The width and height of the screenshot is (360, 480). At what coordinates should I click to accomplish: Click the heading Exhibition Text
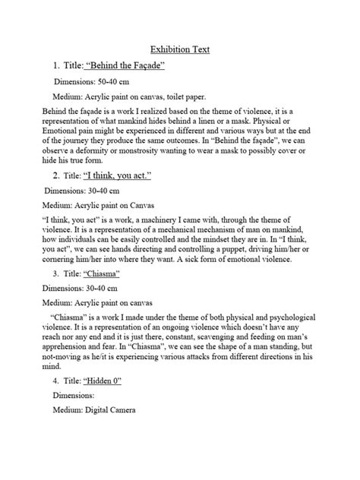point(179,49)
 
